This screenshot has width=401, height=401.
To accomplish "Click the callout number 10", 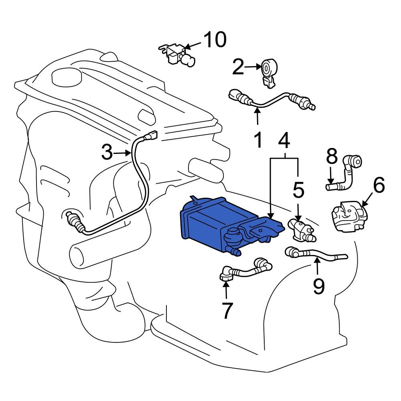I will (x=215, y=40).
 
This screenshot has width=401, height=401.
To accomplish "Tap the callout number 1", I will (x=257, y=140).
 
